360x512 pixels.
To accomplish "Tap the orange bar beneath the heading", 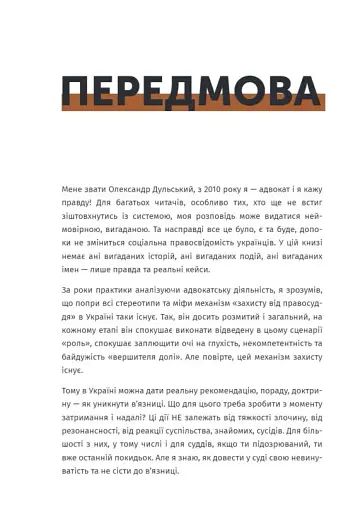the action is (193, 102).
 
